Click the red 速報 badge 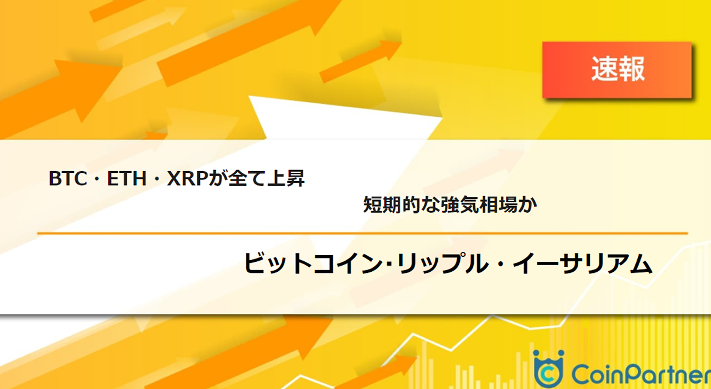[617, 70]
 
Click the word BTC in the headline [66, 179]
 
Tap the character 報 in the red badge [632, 70]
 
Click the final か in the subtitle [529, 205]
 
